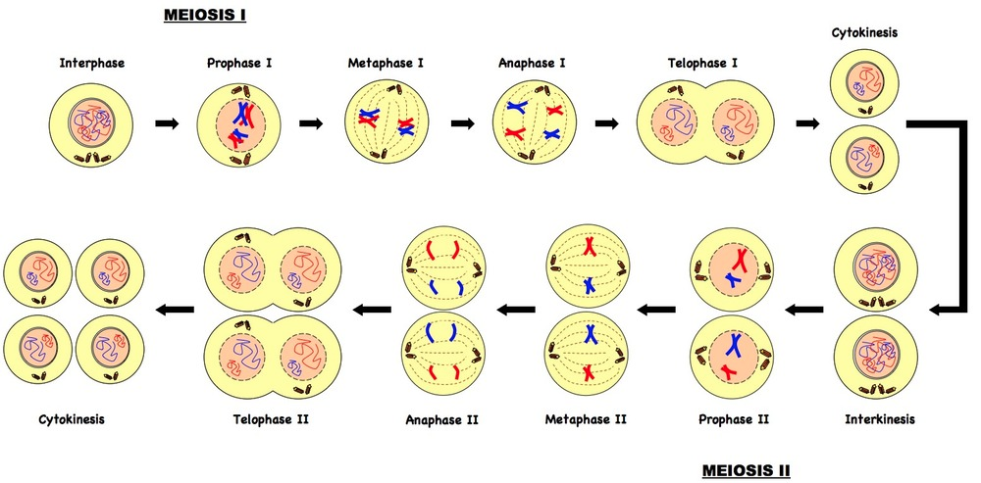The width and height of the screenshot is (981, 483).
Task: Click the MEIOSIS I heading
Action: (205, 15)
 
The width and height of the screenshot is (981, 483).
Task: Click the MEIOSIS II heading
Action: (747, 469)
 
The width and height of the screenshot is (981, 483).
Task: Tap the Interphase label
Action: (92, 63)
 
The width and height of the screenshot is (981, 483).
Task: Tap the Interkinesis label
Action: (880, 419)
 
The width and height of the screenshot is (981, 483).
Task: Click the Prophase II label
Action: (733, 419)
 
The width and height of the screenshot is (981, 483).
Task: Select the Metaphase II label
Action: (586, 419)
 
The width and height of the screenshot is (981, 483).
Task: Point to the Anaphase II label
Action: (441, 419)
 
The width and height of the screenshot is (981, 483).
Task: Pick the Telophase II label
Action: (271, 419)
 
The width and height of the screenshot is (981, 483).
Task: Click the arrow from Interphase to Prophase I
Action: (167, 123)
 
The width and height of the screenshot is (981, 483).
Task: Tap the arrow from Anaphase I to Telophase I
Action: (607, 123)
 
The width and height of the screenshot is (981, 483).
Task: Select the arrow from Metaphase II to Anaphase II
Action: (516, 308)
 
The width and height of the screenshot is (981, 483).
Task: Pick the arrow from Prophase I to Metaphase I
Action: (311, 123)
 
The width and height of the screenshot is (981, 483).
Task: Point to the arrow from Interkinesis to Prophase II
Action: (803, 308)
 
